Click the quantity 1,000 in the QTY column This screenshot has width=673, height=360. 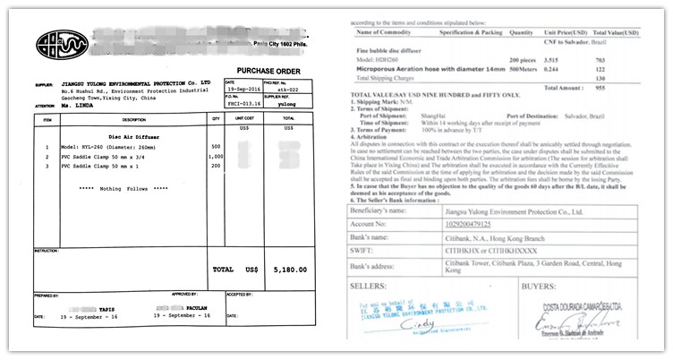[215, 157]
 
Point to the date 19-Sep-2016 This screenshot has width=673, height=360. [244, 89]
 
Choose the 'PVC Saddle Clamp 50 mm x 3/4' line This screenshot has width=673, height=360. [107, 157]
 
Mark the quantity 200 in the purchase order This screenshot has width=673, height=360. [215, 167]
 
